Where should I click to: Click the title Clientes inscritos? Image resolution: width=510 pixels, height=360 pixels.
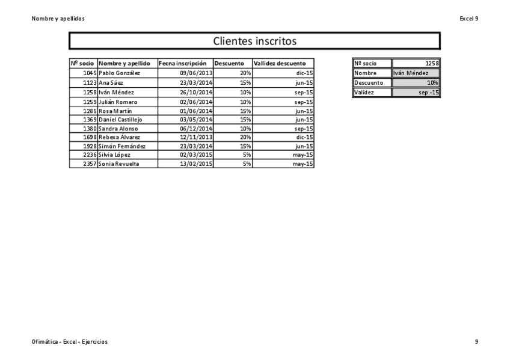click(255, 41)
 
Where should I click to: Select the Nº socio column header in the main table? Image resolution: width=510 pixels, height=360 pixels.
click(82, 63)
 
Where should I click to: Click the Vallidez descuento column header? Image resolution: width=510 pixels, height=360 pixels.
click(280, 63)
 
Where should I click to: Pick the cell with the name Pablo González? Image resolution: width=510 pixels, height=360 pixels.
click(120, 73)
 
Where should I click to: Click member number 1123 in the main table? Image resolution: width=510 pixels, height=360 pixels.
click(90, 82)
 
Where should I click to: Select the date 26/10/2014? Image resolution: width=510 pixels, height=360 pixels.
click(197, 93)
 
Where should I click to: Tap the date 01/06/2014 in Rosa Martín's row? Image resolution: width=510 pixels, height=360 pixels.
click(197, 111)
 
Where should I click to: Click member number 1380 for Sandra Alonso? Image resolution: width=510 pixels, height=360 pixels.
click(90, 129)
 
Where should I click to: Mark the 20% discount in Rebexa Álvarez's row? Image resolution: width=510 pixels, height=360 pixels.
click(245, 137)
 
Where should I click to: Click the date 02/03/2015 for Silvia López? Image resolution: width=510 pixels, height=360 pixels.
click(197, 154)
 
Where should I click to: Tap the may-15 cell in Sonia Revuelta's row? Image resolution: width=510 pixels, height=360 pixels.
click(303, 163)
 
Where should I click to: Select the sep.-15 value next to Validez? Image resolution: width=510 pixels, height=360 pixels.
click(429, 93)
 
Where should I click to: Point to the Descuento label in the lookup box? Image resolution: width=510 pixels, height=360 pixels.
click(369, 83)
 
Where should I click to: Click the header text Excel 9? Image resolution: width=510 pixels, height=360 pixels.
click(469, 19)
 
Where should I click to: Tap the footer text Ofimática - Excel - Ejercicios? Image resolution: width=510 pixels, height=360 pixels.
click(70, 342)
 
